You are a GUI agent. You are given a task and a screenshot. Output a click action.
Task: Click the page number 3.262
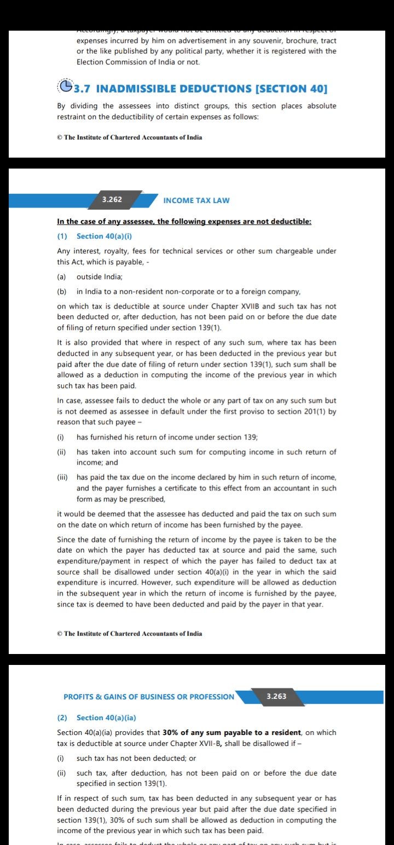(112, 200)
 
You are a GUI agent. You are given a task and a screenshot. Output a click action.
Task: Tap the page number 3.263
(276, 697)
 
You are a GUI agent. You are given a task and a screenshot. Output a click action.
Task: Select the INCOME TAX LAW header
(196, 200)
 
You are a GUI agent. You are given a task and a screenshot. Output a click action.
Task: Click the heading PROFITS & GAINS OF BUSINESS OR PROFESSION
(149, 697)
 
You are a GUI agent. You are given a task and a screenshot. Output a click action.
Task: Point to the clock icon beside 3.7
(66, 88)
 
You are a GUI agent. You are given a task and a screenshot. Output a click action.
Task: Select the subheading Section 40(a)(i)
(105, 236)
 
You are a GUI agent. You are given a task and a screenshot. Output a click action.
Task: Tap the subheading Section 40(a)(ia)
(106, 717)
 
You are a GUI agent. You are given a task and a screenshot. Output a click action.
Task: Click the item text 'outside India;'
(100, 277)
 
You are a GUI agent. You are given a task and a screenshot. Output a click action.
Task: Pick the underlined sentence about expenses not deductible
(184, 222)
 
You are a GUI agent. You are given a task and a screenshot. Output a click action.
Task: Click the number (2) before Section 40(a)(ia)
(62, 717)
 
